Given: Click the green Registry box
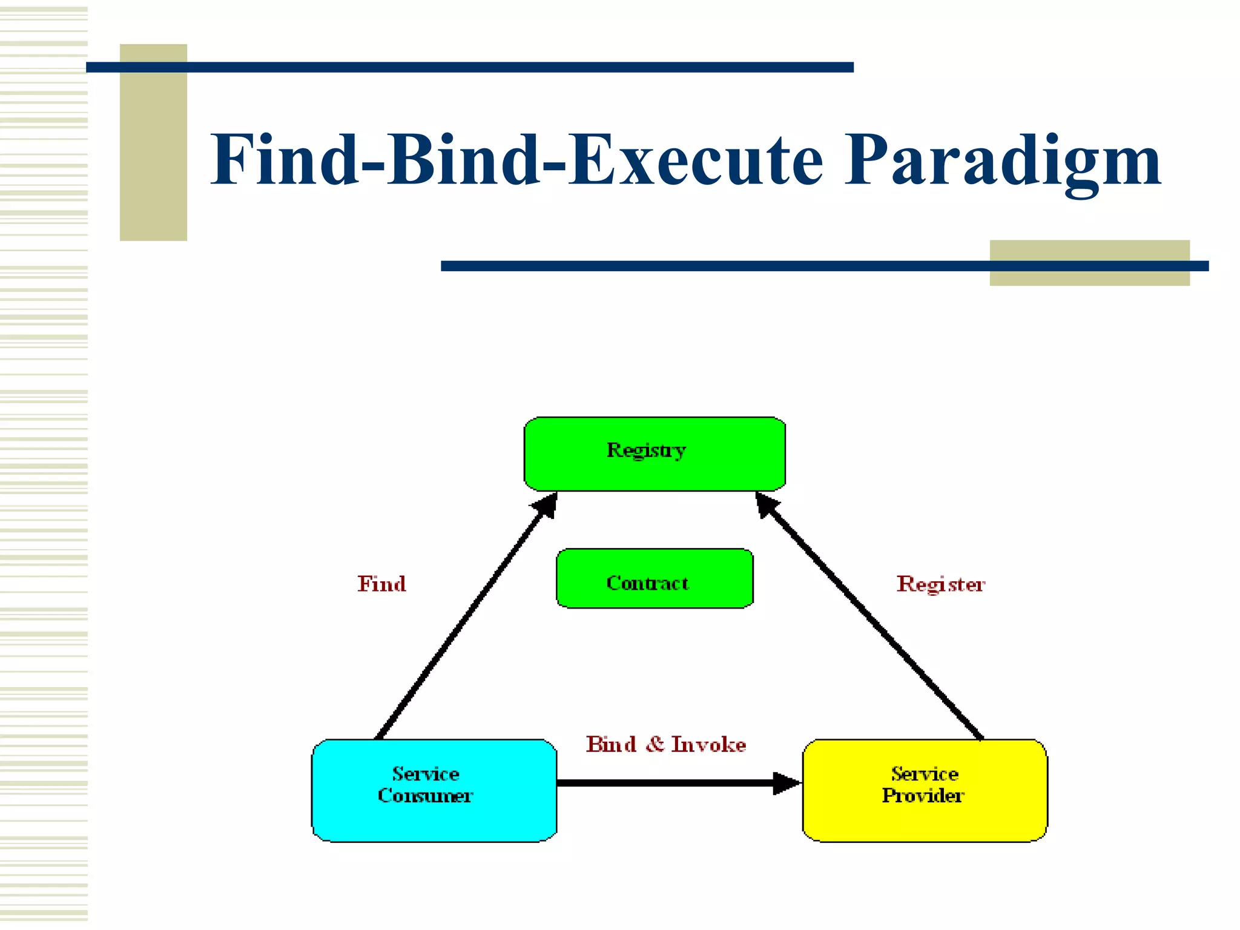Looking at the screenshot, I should pyautogui.click(x=654, y=454).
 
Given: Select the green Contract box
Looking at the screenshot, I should pyautogui.click(x=654, y=579).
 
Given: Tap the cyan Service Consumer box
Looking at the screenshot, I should pyautogui.click(x=434, y=791).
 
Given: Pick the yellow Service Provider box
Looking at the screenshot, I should pyautogui.click(x=925, y=791).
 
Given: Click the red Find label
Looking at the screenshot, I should pyautogui.click(x=381, y=584).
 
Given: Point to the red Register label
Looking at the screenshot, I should pyautogui.click(x=940, y=584).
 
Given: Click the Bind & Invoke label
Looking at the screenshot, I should pyautogui.click(x=665, y=744).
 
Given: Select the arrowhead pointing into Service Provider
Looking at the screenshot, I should pyautogui.click(x=787, y=783).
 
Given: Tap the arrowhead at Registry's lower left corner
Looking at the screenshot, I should pyautogui.click(x=546, y=505).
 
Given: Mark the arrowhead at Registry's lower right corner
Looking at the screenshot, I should pyautogui.click(x=767, y=504).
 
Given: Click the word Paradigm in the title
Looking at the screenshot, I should pyautogui.click(x=1002, y=160).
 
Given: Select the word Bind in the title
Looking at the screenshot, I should pyautogui.click(x=463, y=160).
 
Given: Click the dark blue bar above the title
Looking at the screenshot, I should pyautogui.click(x=469, y=67).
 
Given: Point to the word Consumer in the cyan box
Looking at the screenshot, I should pyautogui.click(x=425, y=796).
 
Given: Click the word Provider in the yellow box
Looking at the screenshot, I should pyautogui.click(x=922, y=796).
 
